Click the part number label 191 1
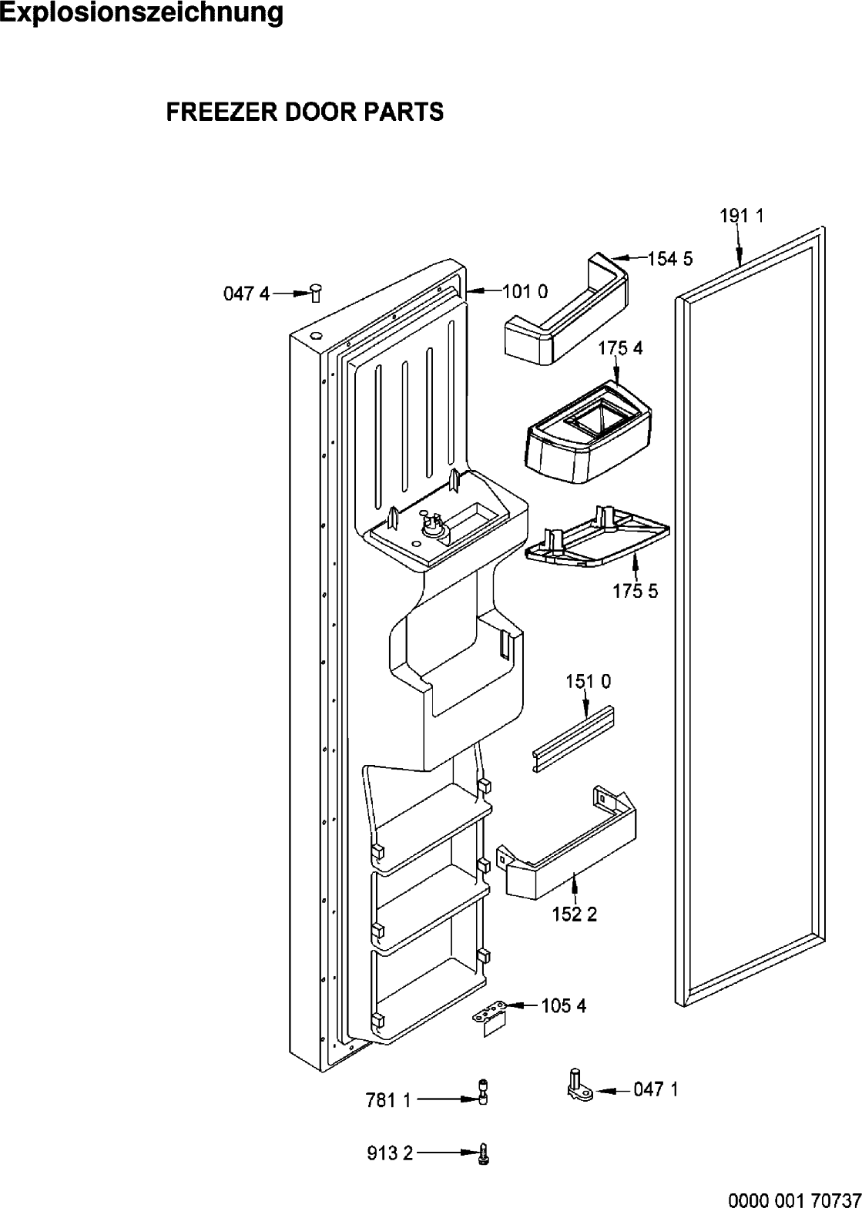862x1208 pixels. point(742,216)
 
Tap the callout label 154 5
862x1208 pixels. point(670,260)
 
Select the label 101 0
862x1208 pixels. point(525,292)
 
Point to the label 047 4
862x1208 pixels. point(247,294)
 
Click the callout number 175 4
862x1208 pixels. point(620,348)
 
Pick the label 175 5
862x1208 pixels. point(636,592)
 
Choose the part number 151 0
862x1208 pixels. point(588,682)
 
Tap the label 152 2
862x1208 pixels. point(575,914)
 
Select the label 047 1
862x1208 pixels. point(656,1090)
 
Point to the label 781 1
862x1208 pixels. point(388,1101)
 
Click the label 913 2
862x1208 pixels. point(390,1153)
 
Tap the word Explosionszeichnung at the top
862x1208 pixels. point(141,13)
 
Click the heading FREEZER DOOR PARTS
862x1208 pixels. point(305,112)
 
